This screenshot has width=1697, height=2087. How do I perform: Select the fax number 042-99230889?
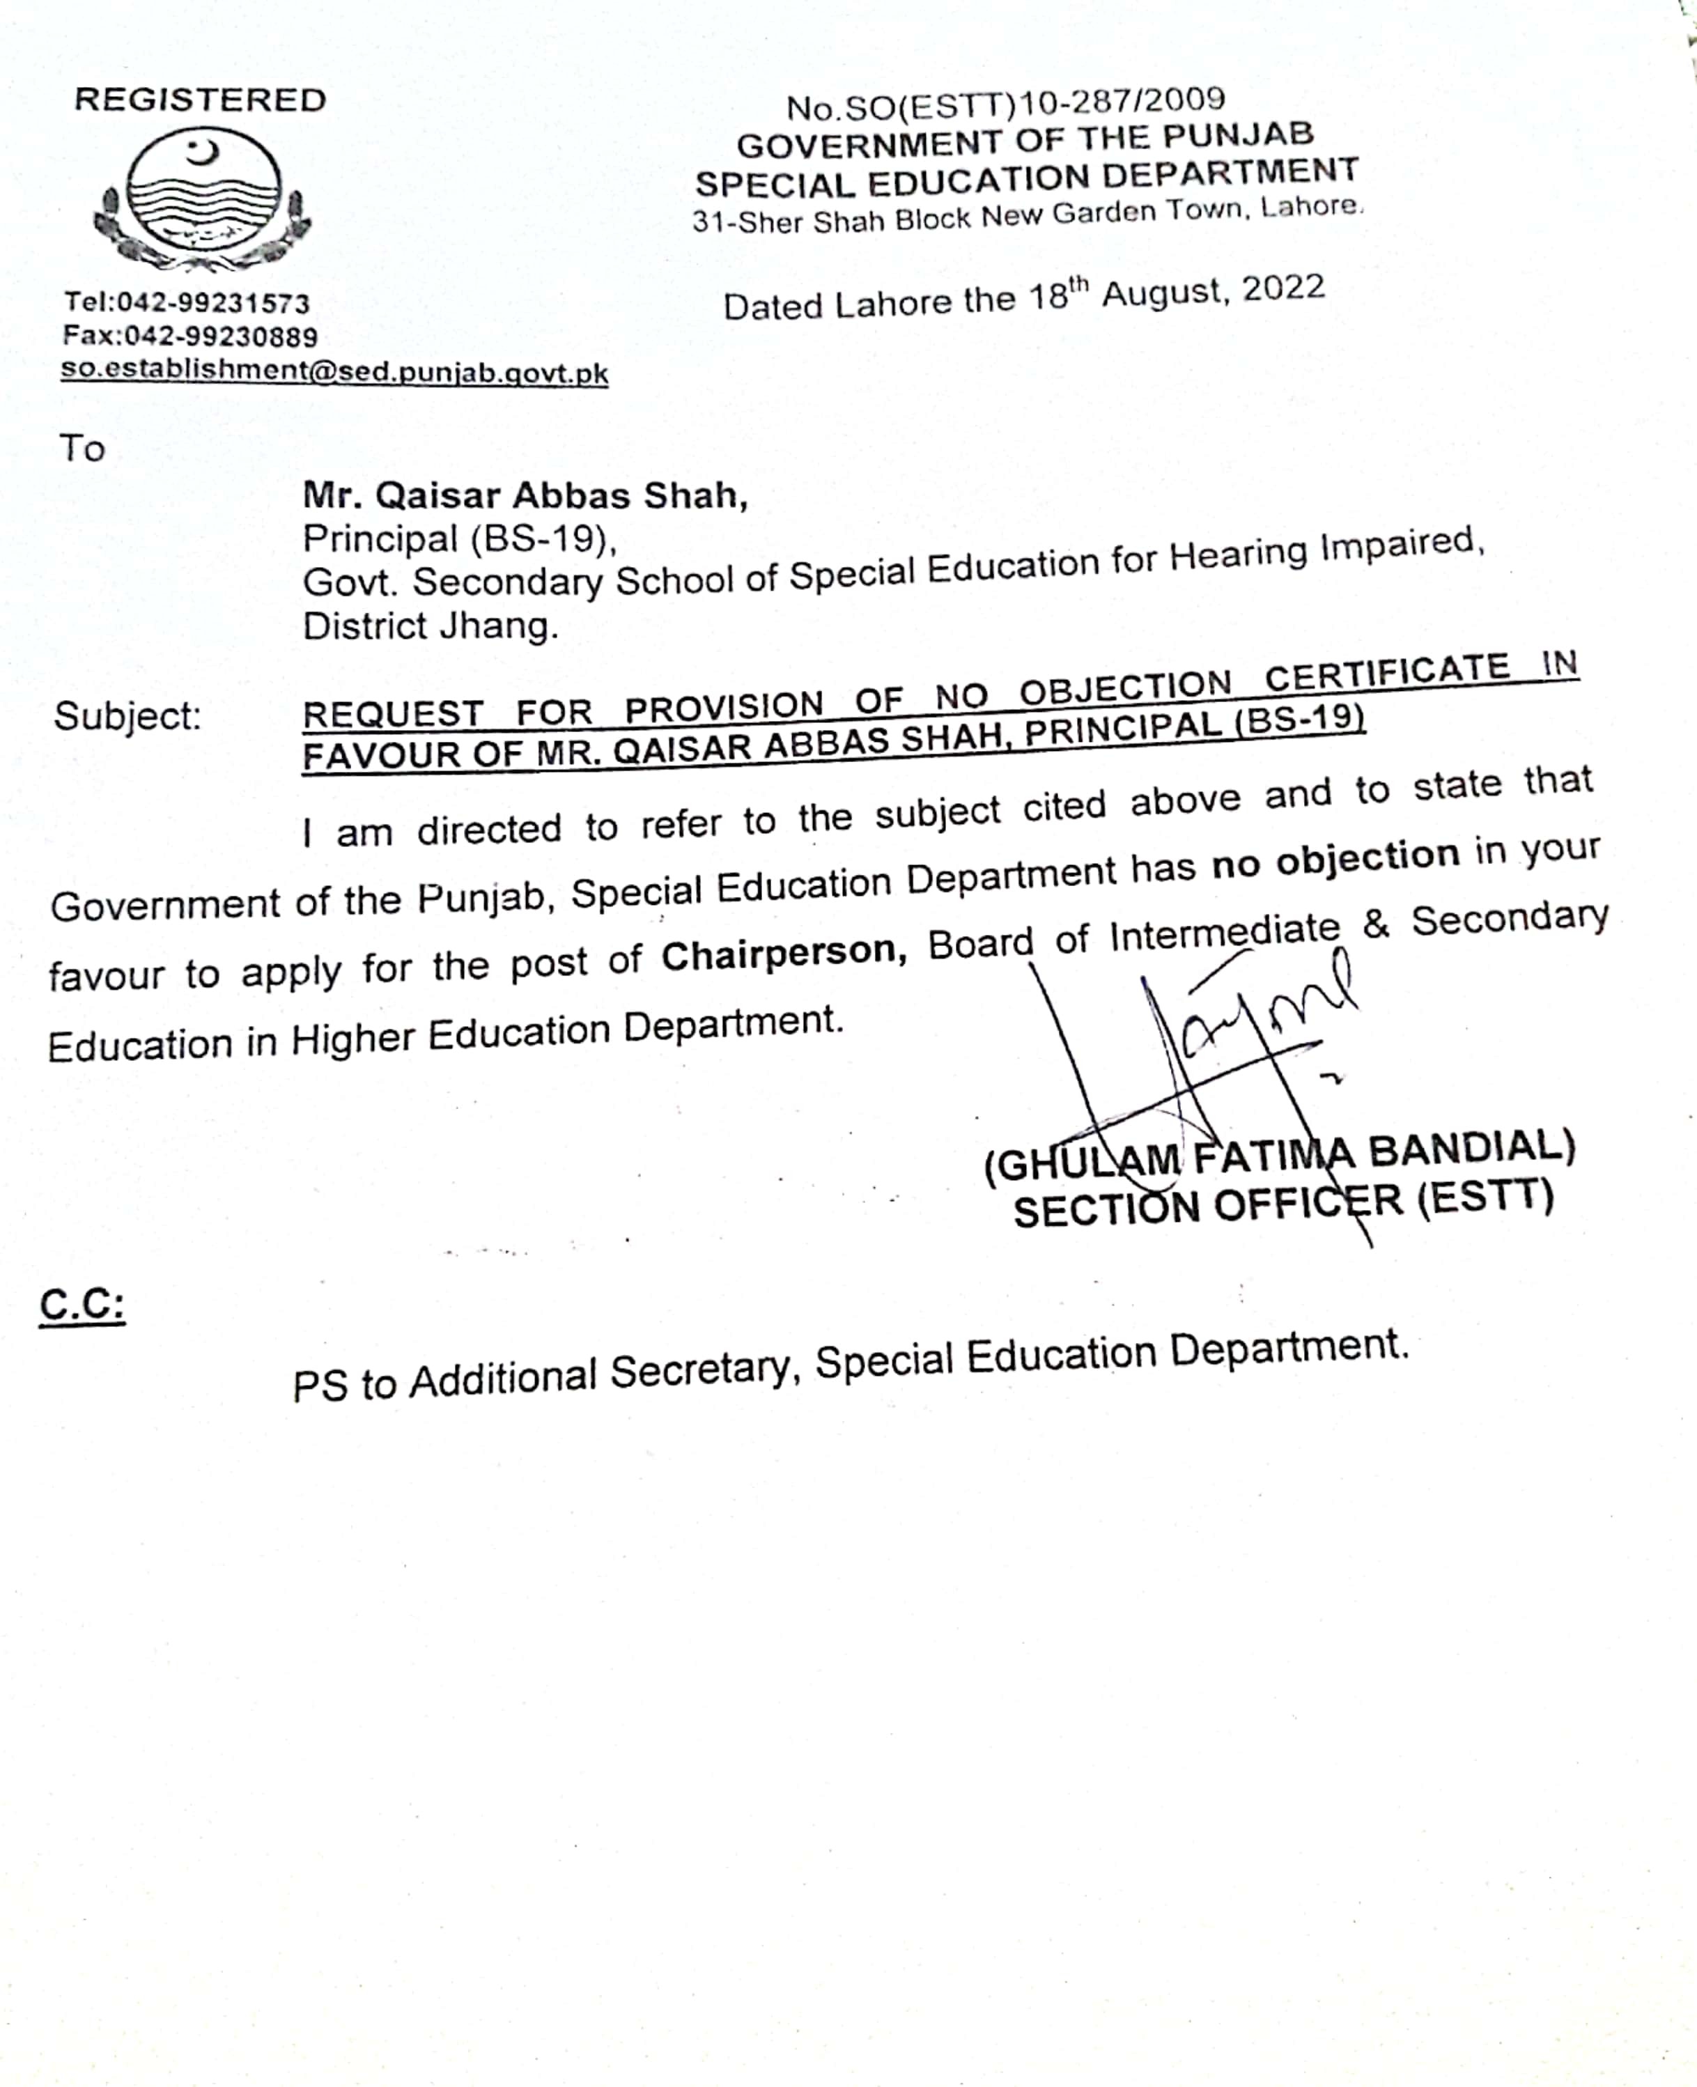click(221, 336)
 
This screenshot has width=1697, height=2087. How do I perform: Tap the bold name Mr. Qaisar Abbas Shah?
click(525, 495)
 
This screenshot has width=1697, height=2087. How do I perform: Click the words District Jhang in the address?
click(430, 626)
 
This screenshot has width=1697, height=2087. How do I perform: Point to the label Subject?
click(127, 717)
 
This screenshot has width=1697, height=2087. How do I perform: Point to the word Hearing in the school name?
click(1239, 554)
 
